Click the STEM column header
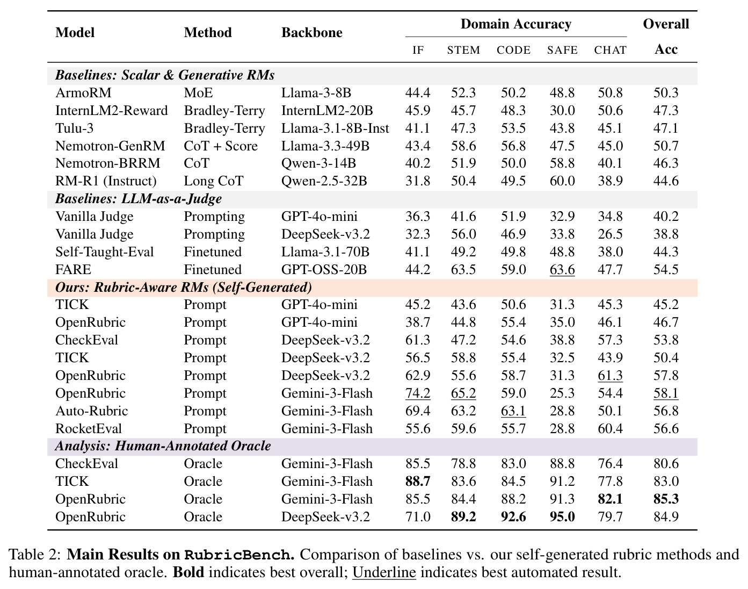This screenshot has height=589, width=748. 463,50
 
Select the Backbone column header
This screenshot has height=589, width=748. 312,33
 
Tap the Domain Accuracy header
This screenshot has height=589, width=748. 516,24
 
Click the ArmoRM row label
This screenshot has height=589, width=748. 83,93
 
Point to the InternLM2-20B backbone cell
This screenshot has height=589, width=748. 326,111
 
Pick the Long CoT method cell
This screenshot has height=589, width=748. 213,181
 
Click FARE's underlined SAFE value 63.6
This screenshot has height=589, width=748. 562,270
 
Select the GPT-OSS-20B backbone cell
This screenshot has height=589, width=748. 324,270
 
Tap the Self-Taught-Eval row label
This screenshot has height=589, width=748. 104,252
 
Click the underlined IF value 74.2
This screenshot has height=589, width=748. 418,393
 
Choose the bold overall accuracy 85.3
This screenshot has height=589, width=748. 666,499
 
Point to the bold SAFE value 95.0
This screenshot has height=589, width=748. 562,517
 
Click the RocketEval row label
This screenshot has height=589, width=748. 89,429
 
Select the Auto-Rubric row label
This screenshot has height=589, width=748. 92,411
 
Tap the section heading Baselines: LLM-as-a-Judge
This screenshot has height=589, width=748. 139,199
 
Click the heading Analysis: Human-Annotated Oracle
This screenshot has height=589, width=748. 163,447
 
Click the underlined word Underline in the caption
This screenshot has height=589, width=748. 384,572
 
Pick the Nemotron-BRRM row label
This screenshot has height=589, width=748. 108,163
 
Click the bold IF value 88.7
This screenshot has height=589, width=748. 418,482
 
